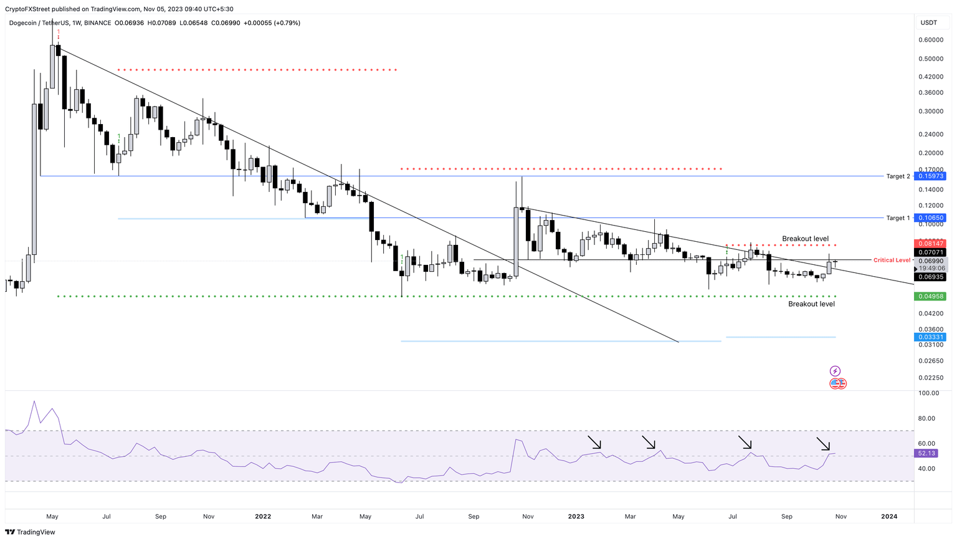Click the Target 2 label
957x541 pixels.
[898, 176]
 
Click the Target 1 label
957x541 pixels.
[898, 218]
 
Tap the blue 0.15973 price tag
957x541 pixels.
[929, 176]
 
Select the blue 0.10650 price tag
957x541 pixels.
[929, 218]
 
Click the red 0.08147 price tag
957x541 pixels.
[929, 243]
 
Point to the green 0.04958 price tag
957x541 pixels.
[929, 297]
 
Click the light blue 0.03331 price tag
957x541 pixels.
[929, 337]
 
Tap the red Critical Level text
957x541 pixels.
[892, 260]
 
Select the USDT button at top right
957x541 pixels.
[929, 22]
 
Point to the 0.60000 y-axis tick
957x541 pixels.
[930, 40]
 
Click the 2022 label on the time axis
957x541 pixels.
[263, 516]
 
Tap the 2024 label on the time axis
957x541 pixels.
[889, 516]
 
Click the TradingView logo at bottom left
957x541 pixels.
[30, 532]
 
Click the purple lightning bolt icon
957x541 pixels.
[835, 371]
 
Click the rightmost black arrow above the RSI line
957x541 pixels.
[824, 444]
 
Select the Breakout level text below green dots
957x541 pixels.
[811, 304]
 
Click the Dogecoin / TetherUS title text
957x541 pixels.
[39, 23]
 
